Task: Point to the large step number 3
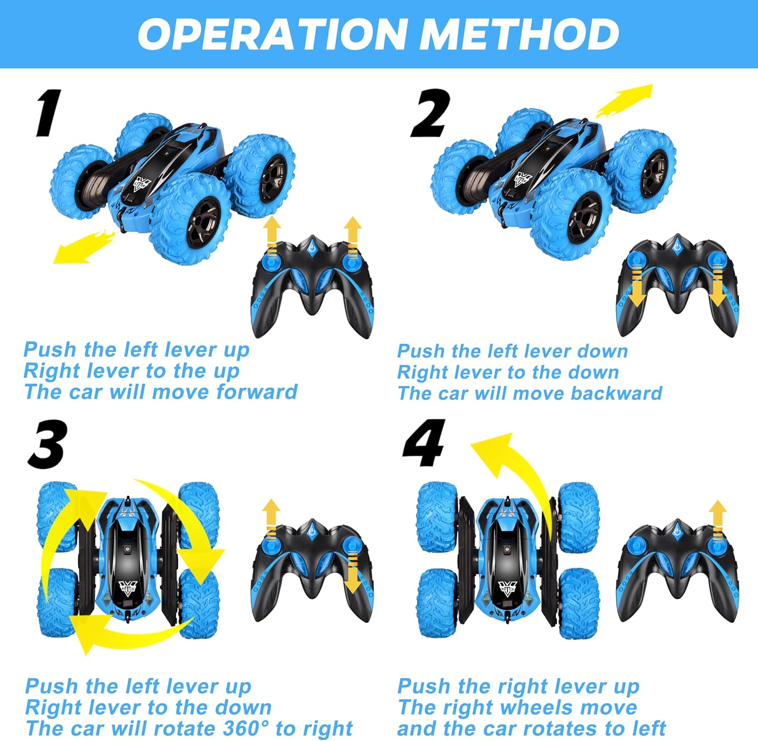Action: click(47, 444)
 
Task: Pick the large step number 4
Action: click(424, 443)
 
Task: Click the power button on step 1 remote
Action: click(312, 248)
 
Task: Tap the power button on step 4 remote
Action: click(677, 530)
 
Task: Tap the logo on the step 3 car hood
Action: click(127, 587)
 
